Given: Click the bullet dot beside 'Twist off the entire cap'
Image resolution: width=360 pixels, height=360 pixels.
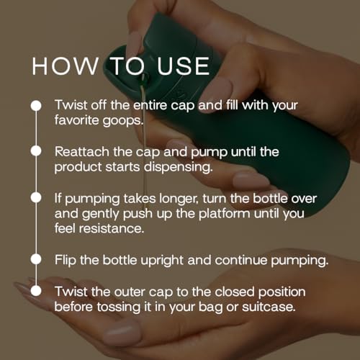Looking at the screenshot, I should click(35, 105).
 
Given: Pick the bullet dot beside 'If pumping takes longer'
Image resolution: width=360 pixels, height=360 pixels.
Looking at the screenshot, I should click(35, 197).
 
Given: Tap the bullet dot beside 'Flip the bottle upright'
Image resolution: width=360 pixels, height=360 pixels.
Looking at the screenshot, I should click(35, 258).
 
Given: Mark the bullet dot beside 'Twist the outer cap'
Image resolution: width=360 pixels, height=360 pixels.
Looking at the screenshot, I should click(35, 290).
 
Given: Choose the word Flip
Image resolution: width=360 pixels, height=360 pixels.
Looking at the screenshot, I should click(66, 258).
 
